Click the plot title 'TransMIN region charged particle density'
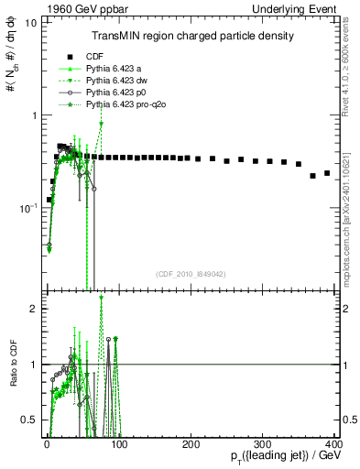pyautogui.click(x=191, y=36)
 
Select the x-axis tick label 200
pyautogui.click(x=191, y=443)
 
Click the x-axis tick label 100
pyautogui.click(x=118, y=443)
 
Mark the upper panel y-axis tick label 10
pyautogui.click(x=30, y=22)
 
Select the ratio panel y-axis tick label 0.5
pyautogui.click(x=29, y=420)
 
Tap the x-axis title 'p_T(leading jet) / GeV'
pyautogui.click(x=287, y=457)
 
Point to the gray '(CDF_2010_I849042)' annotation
pyautogui.click(x=191, y=274)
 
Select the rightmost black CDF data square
pyautogui.click(x=327, y=172)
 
